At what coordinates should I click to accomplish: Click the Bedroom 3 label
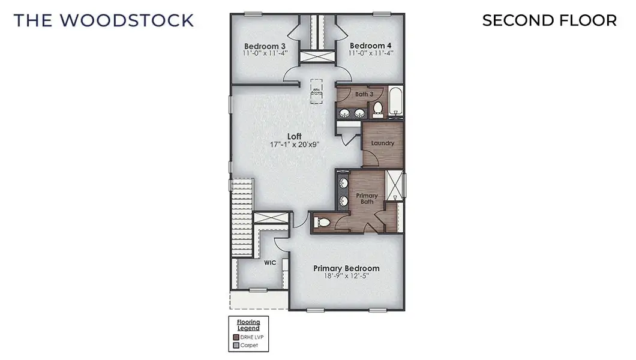click(264, 46)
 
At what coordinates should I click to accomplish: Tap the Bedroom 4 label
click(370, 46)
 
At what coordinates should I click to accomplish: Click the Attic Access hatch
click(317, 91)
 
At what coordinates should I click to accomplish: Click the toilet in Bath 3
click(378, 109)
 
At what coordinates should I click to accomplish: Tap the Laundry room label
click(382, 143)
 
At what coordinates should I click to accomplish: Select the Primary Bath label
click(367, 199)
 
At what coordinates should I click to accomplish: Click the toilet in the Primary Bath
click(322, 223)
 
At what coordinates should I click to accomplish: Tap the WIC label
click(269, 263)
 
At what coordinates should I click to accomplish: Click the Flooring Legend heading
click(248, 325)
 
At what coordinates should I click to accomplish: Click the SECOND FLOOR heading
click(549, 20)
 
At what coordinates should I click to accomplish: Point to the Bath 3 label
click(364, 94)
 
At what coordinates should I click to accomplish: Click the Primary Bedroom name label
click(346, 268)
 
